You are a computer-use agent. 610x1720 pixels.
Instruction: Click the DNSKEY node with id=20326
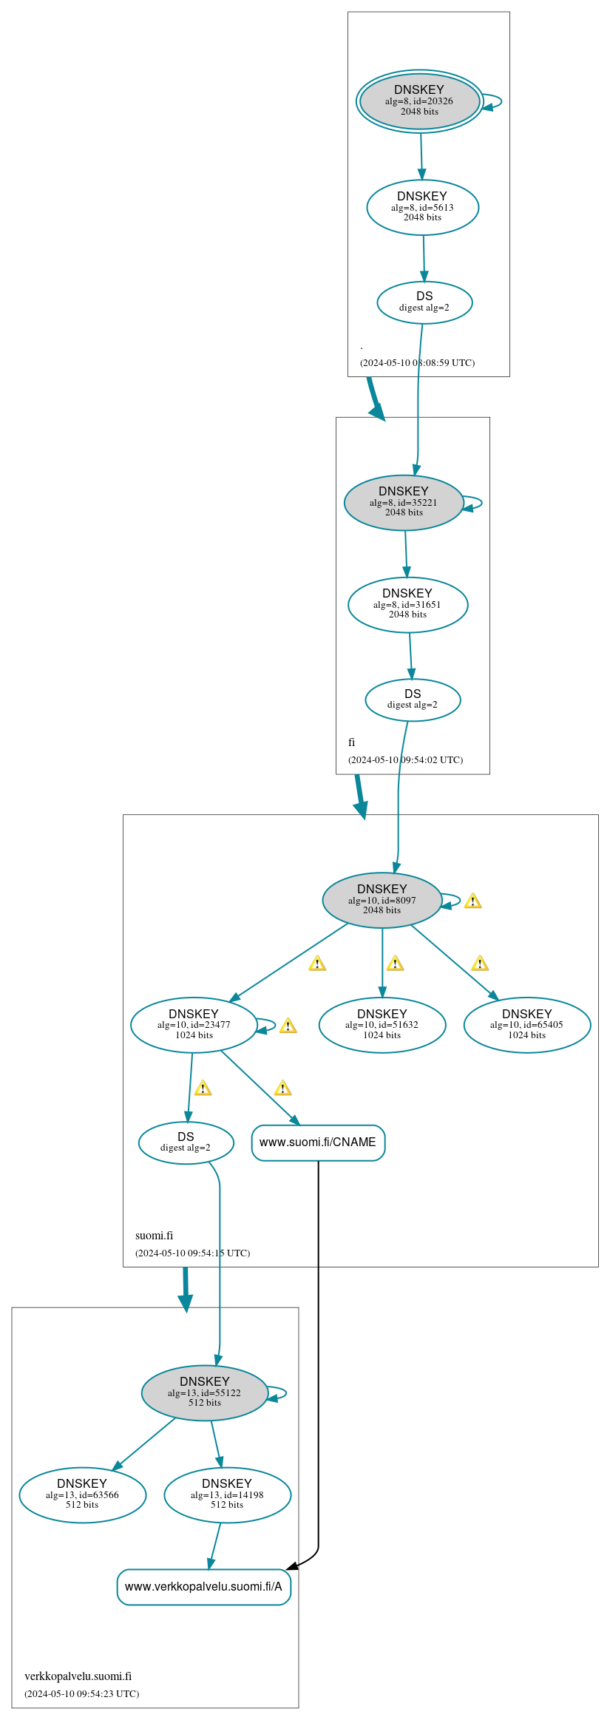(419, 101)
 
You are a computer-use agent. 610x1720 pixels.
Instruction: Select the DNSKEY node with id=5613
(422, 207)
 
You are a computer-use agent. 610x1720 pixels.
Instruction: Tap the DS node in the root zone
(424, 302)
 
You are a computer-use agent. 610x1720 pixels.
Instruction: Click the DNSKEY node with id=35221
(404, 502)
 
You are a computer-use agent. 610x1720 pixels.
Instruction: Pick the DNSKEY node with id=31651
(407, 604)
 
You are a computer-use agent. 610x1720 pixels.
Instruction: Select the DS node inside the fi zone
(413, 700)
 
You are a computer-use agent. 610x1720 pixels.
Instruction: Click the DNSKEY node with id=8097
(382, 900)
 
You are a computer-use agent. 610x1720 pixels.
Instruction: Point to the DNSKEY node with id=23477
(194, 1025)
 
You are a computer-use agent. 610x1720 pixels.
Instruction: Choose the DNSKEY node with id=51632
(382, 1025)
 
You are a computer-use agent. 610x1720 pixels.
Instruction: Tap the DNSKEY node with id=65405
(527, 1025)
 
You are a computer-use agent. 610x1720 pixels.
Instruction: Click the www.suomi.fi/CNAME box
(318, 1142)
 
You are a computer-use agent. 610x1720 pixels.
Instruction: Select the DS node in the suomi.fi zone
(186, 1142)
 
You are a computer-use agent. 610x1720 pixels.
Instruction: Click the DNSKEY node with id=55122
(205, 1392)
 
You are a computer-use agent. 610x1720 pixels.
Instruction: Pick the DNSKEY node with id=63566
(82, 1494)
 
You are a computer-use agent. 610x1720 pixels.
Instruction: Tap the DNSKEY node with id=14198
(227, 1494)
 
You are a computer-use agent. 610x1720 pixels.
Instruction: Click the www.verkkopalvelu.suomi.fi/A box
(204, 1587)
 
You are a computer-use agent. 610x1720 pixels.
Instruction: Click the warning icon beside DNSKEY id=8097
(472, 901)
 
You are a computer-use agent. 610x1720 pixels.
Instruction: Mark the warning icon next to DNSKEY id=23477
(288, 1026)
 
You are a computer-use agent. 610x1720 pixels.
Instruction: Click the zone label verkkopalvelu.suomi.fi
(78, 1676)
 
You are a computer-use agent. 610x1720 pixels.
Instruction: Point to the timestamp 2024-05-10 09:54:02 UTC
(405, 759)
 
